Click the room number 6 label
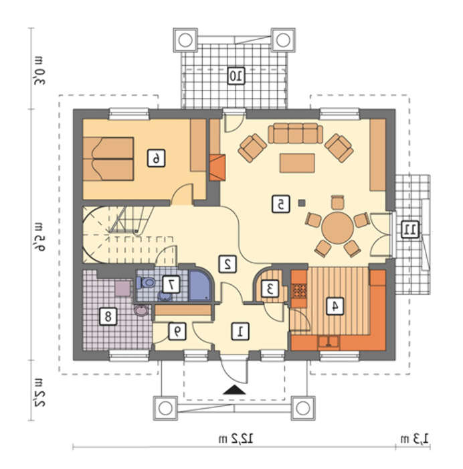click(156, 158)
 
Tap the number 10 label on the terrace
click(236, 76)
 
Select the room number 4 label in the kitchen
click(335, 306)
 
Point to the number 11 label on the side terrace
click(410, 230)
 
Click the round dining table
click(337, 228)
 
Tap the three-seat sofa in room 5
click(296, 133)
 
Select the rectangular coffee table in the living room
click(297, 163)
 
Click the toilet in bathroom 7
click(146, 282)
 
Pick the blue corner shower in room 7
click(201, 285)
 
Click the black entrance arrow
click(234, 390)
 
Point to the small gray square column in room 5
click(302, 203)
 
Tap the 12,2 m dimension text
click(236, 439)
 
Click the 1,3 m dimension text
click(414, 439)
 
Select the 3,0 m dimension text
click(39, 70)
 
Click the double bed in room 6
click(108, 159)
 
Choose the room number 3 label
click(270, 288)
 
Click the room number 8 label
click(108, 316)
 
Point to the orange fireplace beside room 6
click(217, 167)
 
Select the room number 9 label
click(177, 331)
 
